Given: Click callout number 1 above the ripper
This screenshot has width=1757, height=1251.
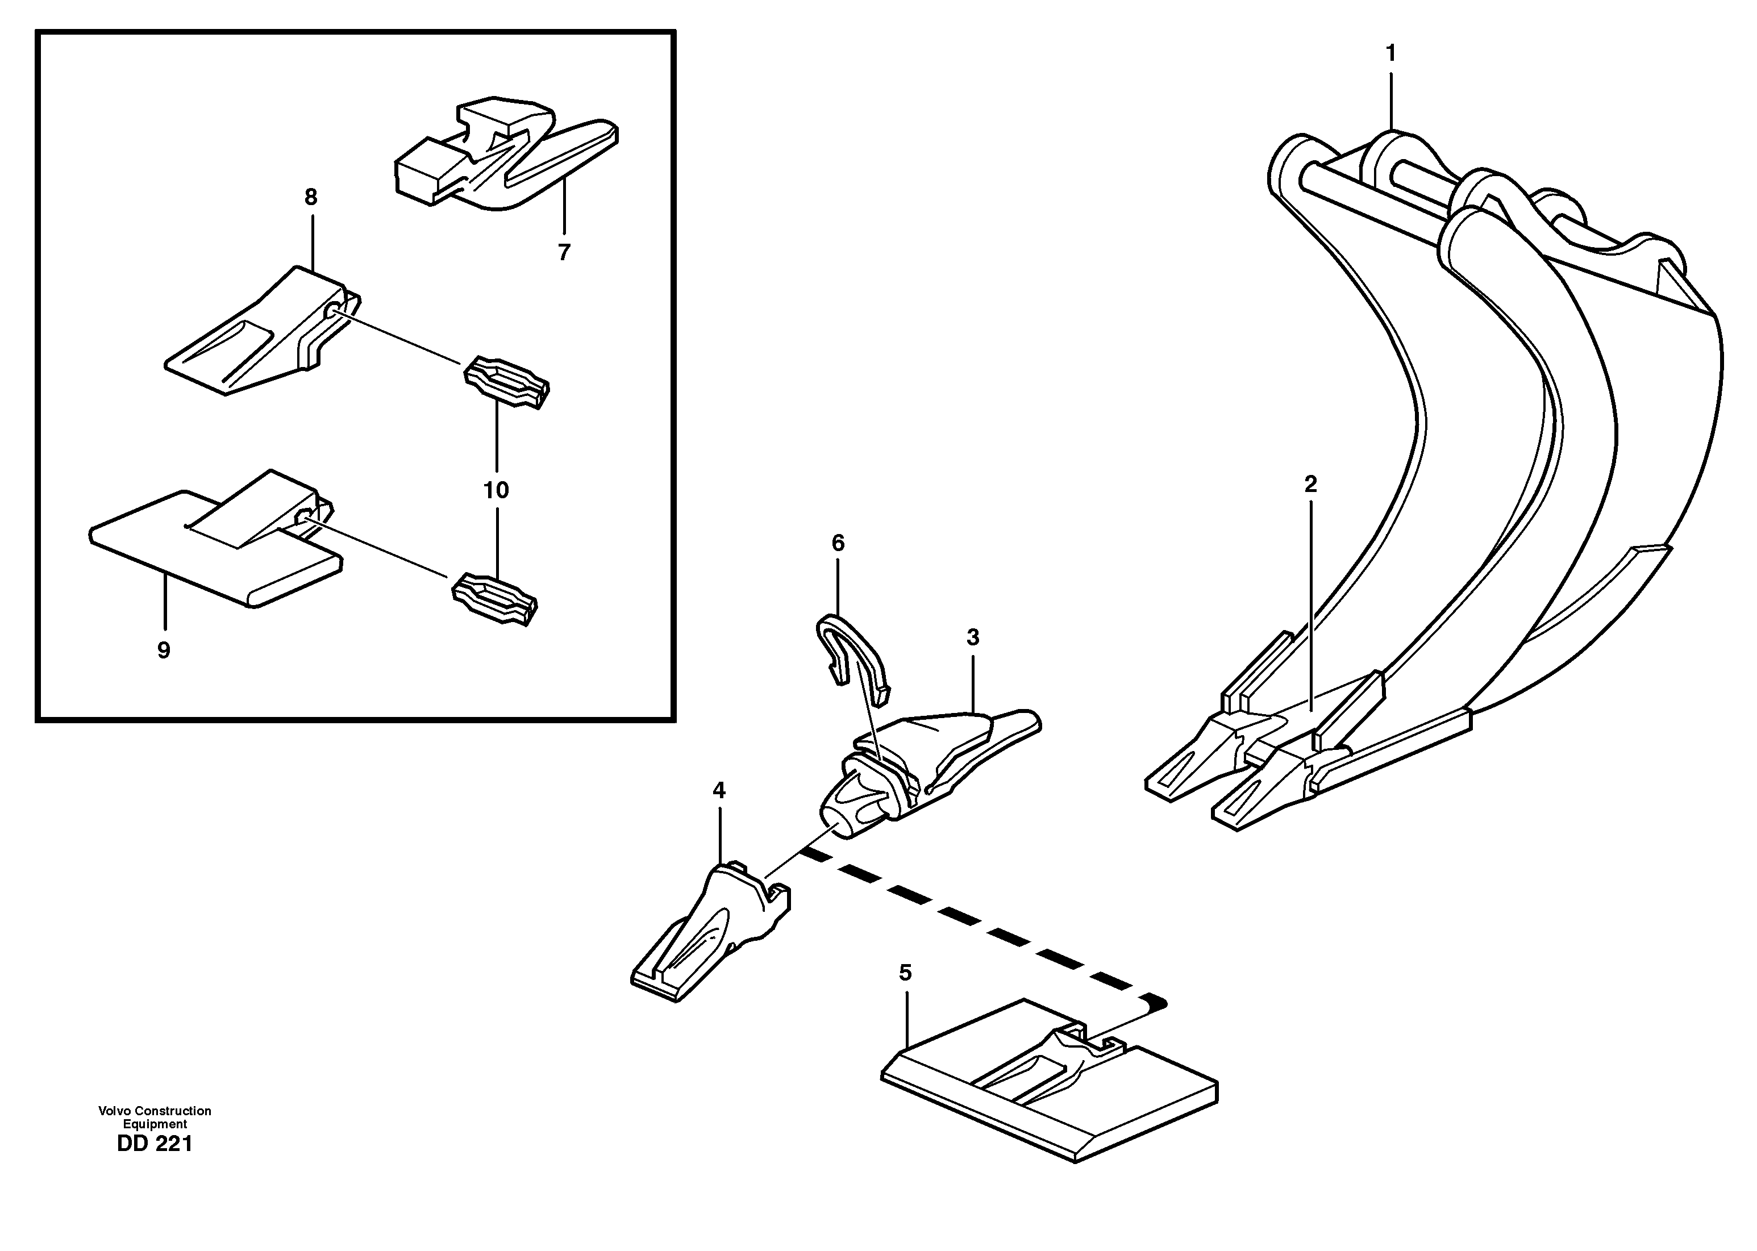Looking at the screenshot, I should (1390, 54).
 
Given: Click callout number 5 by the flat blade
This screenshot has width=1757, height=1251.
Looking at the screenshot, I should (905, 973).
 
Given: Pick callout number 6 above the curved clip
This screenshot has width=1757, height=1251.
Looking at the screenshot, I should (838, 543).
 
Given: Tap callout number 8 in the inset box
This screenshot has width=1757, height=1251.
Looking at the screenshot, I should (310, 197).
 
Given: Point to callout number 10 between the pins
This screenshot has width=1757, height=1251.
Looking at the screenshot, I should (496, 490).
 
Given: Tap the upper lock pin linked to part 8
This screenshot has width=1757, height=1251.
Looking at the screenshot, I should (506, 381).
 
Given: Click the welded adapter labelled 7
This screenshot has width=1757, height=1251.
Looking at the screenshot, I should (501, 158).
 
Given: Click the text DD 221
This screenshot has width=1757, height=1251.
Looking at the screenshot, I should (155, 1144).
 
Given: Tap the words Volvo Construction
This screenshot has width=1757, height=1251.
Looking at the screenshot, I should (155, 1111).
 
